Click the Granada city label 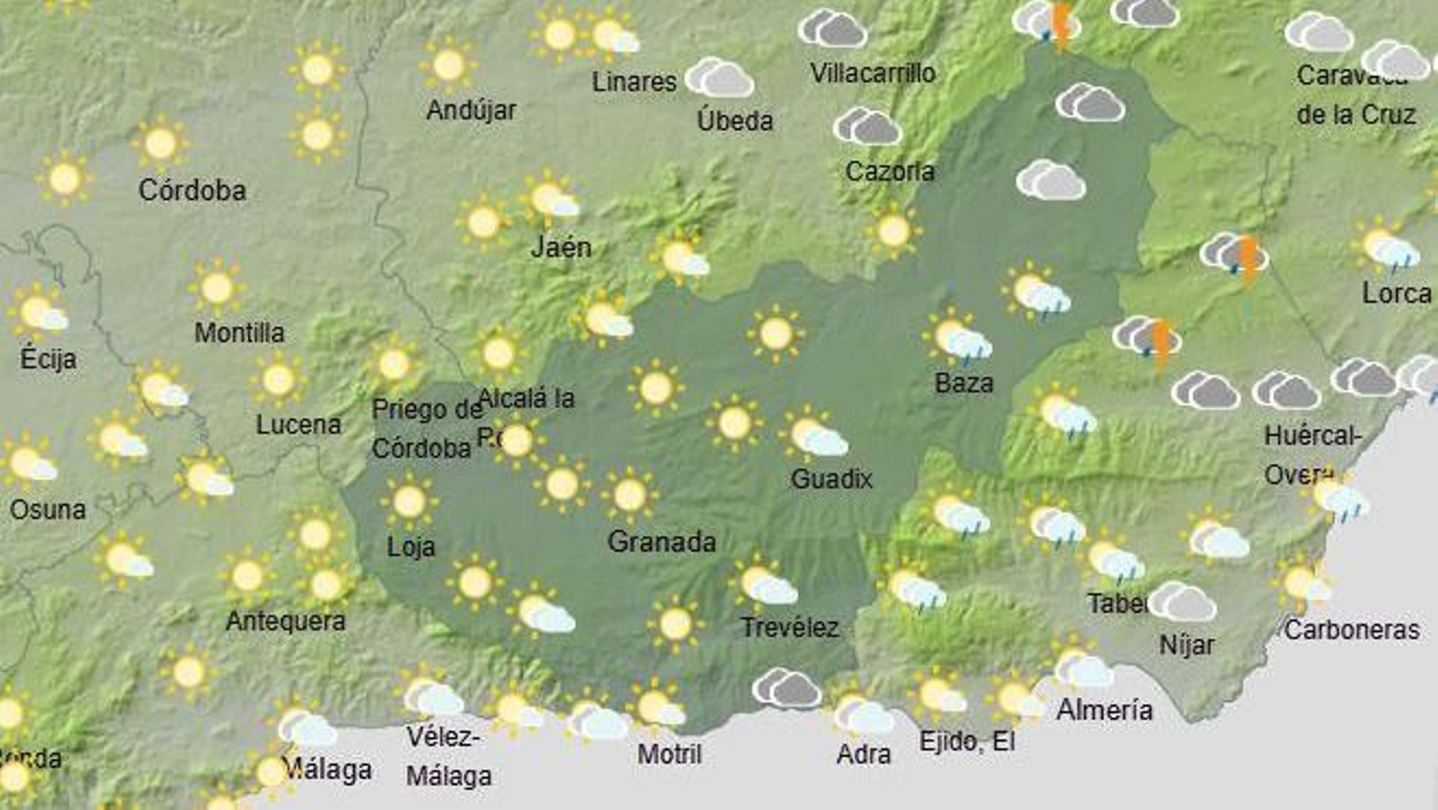tap(661, 542)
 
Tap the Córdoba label tap(191, 191)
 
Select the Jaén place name tap(561, 247)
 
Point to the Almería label tap(1104, 710)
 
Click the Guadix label tap(831, 479)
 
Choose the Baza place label tap(963, 384)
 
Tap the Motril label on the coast tap(670, 753)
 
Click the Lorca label tap(1396, 293)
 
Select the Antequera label tap(285, 621)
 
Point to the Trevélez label tap(789, 628)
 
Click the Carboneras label tap(1351, 630)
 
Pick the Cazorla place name tap(890, 171)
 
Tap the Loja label tap(411, 547)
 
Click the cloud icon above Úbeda tap(720, 78)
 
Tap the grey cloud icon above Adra tap(786, 689)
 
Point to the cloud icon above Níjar tap(1182, 601)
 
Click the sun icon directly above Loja tap(409, 502)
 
